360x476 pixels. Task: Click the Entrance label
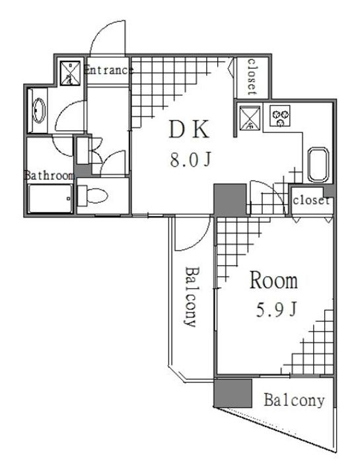point(108,70)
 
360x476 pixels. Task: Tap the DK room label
point(189,130)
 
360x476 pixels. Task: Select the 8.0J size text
point(190,160)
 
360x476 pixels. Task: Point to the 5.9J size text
point(276,310)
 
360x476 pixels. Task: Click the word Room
point(273,280)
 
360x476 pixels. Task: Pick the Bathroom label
point(49,175)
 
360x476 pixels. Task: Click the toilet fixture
point(92,196)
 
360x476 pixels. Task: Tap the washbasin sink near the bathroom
point(39,110)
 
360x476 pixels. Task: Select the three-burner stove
point(279,116)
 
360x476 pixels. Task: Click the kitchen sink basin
point(318,165)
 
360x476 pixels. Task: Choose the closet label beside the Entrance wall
point(252,77)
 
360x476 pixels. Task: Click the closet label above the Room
point(311,200)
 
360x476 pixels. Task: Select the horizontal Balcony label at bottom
point(294,400)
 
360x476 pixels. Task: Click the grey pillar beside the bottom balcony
point(233,393)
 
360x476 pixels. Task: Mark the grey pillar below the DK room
point(230,200)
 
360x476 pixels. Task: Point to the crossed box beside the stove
point(250,118)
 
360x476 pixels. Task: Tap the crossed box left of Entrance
point(70,73)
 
